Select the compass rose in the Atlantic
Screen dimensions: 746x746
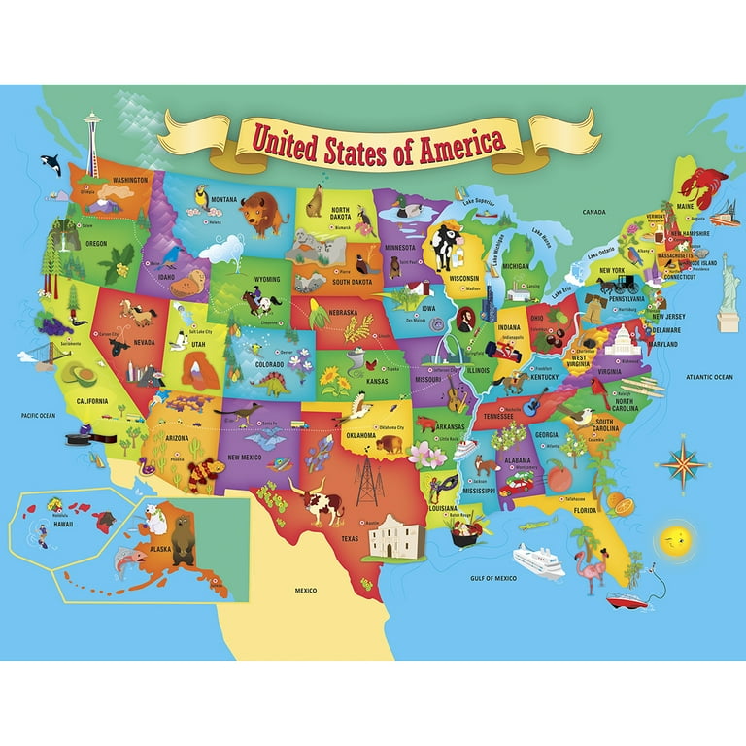click(682, 463)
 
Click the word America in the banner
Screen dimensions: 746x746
click(458, 141)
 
